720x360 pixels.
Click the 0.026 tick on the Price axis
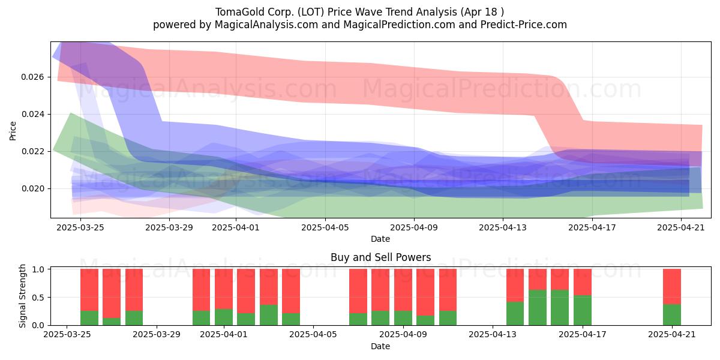coord(32,77)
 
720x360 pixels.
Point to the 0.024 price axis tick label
coord(32,115)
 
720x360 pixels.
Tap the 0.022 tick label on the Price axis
coord(32,151)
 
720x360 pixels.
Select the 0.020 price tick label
coord(32,188)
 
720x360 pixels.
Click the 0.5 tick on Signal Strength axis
coord(38,298)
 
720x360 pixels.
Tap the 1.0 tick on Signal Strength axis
coord(38,269)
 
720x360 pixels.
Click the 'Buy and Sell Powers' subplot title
coord(380,257)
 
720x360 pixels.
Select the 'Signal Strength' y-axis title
coord(22,296)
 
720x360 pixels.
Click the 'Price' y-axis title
coord(13,131)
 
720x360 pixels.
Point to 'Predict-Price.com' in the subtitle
coord(524,25)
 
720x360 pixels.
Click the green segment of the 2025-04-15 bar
coord(538,308)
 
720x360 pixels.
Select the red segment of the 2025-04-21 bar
coord(672,287)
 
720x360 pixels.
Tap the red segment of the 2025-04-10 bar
coord(425,293)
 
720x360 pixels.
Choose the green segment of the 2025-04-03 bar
coord(269,315)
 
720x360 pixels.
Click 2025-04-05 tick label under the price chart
coord(325,227)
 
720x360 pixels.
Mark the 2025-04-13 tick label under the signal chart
coord(493,334)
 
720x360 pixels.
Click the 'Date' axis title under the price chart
coord(380,239)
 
